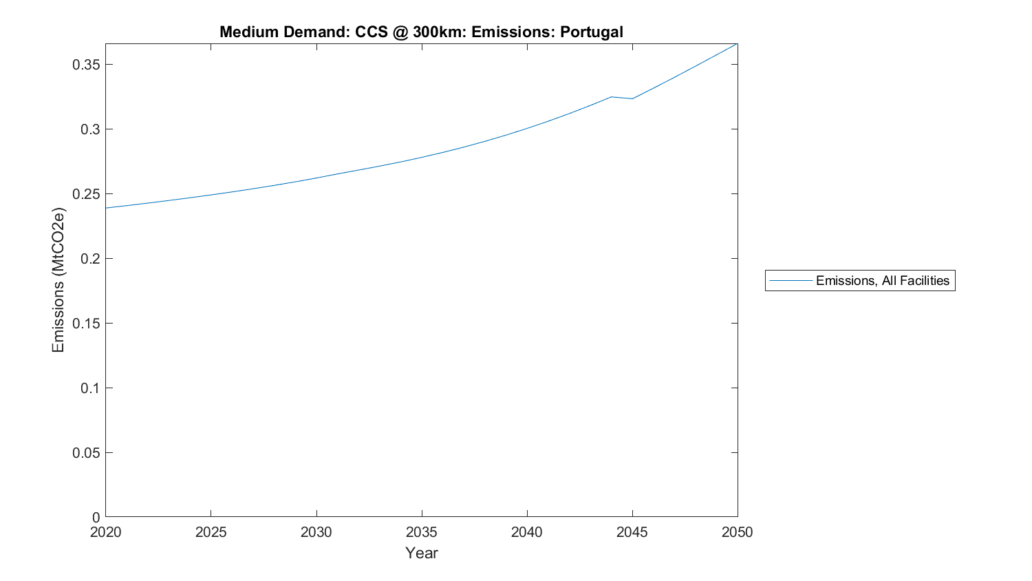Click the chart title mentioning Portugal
tap(421, 32)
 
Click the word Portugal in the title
tap(591, 32)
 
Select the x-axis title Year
tap(421, 553)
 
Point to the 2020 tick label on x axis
tap(105, 532)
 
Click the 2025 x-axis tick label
tap(211, 532)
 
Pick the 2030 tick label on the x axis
tap(316, 532)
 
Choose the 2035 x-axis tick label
tap(421, 532)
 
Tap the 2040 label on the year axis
tap(526, 532)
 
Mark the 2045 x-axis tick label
tap(632, 532)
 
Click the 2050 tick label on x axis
tap(737, 532)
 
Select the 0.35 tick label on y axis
tap(86, 65)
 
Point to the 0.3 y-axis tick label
tap(90, 129)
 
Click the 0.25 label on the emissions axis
tap(86, 194)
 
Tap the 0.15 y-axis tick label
tap(86, 324)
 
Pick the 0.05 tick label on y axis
tap(86, 453)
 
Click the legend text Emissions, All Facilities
tap(882, 281)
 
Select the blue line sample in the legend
tap(791, 281)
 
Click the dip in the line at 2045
tap(632, 98)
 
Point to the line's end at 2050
tap(737, 44)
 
